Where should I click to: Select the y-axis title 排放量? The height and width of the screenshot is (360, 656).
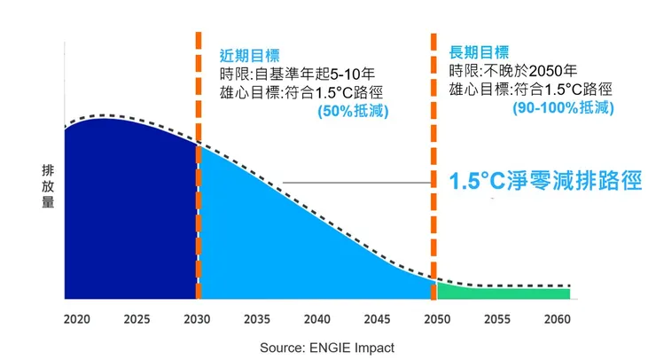[x=48, y=186]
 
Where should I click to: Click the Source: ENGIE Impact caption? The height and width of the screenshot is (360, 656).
[x=326, y=348]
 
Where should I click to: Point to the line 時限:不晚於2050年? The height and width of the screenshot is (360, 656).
[x=513, y=70]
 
